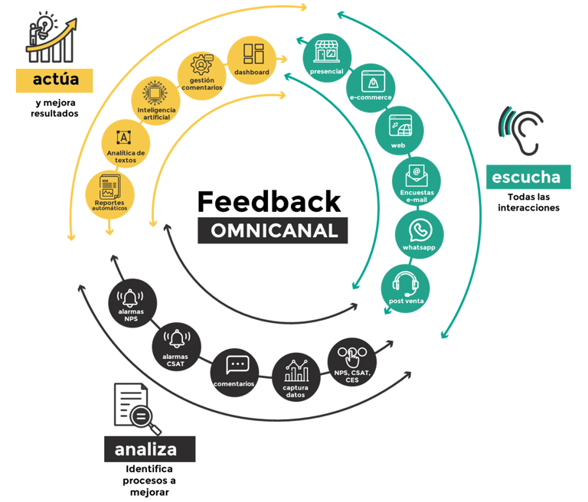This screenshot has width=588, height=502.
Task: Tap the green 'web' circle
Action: coord(399,131)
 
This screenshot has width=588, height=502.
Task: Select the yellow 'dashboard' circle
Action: coord(252,59)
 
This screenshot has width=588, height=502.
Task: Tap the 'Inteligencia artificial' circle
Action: coord(156,102)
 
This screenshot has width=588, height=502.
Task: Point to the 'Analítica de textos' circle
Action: coord(124,144)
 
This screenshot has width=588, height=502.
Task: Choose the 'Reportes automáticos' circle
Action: coord(109,194)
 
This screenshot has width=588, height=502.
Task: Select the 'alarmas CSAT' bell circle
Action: coord(177,346)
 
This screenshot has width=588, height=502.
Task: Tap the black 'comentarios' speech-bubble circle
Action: coord(234,371)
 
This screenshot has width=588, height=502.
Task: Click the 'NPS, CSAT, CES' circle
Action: coord(352,363)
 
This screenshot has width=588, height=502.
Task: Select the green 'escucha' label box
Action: coord(528,178)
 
